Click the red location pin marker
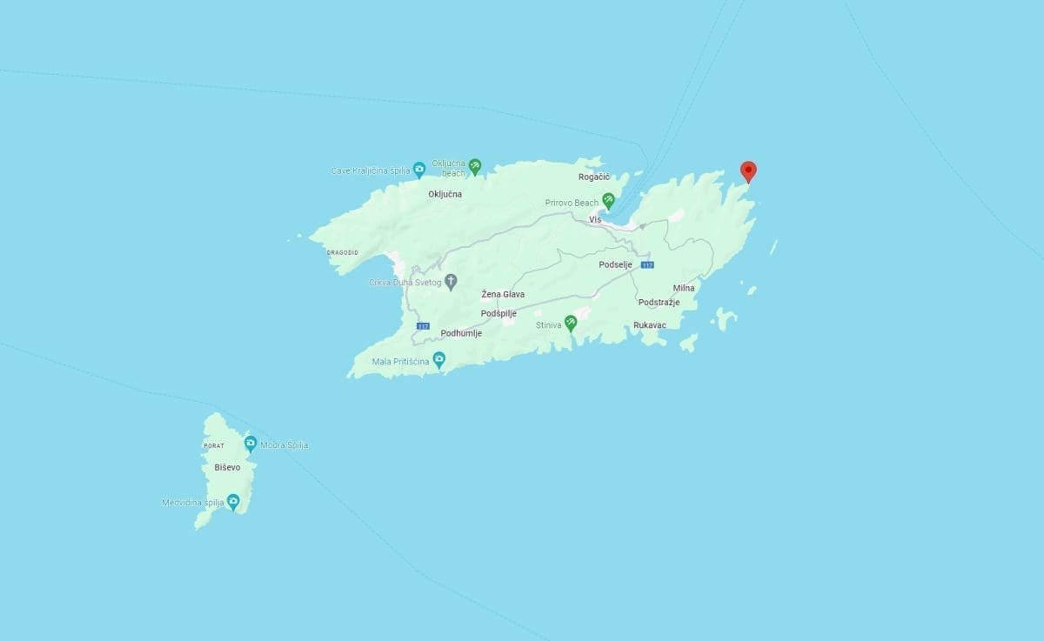(747, 171)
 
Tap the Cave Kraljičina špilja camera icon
(418, 169)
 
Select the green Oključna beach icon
(474, 164)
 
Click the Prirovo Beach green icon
(608, 200)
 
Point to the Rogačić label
(594, 177)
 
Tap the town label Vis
(595, 219)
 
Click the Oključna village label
(445, 194)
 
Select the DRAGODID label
(342, 252)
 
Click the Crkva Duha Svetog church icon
(451, 281)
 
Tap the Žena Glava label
(503, 295)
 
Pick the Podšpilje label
(499, 313)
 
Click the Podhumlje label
(461, 333)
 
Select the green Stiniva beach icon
(570, 323)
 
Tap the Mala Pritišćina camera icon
(439, 358)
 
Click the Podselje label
(615, 264)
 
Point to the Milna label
(684, 288)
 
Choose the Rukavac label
(650, 325)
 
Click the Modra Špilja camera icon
(250, 444)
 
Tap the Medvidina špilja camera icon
(232, 501)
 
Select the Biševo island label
(226, 467)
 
